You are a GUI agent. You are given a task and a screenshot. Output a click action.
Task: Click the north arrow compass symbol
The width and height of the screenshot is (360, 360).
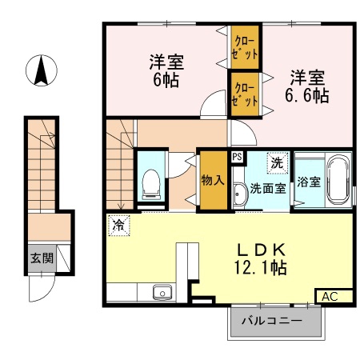[x=42, y=70]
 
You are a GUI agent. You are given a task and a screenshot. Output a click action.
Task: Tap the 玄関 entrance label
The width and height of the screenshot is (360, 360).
[x=42, y=258]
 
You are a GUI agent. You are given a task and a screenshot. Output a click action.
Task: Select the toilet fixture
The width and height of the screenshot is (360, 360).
[x=151, y=185]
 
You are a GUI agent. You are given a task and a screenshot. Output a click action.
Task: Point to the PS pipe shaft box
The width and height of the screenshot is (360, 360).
[x=237, y=157]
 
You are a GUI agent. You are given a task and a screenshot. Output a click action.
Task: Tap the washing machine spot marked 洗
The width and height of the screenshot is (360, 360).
[x=278, y=163]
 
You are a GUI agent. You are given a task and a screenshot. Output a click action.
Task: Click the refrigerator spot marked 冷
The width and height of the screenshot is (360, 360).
[x=119, y=226]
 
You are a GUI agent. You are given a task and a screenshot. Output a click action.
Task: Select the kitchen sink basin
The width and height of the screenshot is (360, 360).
[x=162, y=292]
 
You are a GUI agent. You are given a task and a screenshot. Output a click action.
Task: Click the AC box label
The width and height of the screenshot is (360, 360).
[x=330, y=297]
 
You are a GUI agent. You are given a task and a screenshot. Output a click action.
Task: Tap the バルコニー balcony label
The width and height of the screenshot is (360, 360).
[x=272, y=321]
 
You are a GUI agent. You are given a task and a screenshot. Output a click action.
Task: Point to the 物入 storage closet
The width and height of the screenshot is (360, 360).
[x=214, y=180]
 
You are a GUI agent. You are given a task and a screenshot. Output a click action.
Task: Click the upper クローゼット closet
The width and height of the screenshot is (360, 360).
[x=245, y=47]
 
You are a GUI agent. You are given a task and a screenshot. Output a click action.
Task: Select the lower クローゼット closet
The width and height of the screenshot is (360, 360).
[x=245, y=94]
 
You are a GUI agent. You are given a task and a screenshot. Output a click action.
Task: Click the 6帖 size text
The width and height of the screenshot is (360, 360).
[x=166, y=79]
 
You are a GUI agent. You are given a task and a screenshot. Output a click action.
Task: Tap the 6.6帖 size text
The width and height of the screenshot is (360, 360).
[x=306, y=95]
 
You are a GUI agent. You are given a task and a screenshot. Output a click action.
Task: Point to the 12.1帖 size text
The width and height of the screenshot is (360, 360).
[x=260, y=267]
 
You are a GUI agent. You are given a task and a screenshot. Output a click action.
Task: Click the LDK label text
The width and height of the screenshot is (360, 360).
[x=262, y=250]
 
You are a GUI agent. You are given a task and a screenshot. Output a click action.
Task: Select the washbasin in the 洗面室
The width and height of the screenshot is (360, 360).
[x=240, y=194]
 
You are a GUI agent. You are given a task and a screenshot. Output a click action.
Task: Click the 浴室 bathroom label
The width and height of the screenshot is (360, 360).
[x=309, y=182]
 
